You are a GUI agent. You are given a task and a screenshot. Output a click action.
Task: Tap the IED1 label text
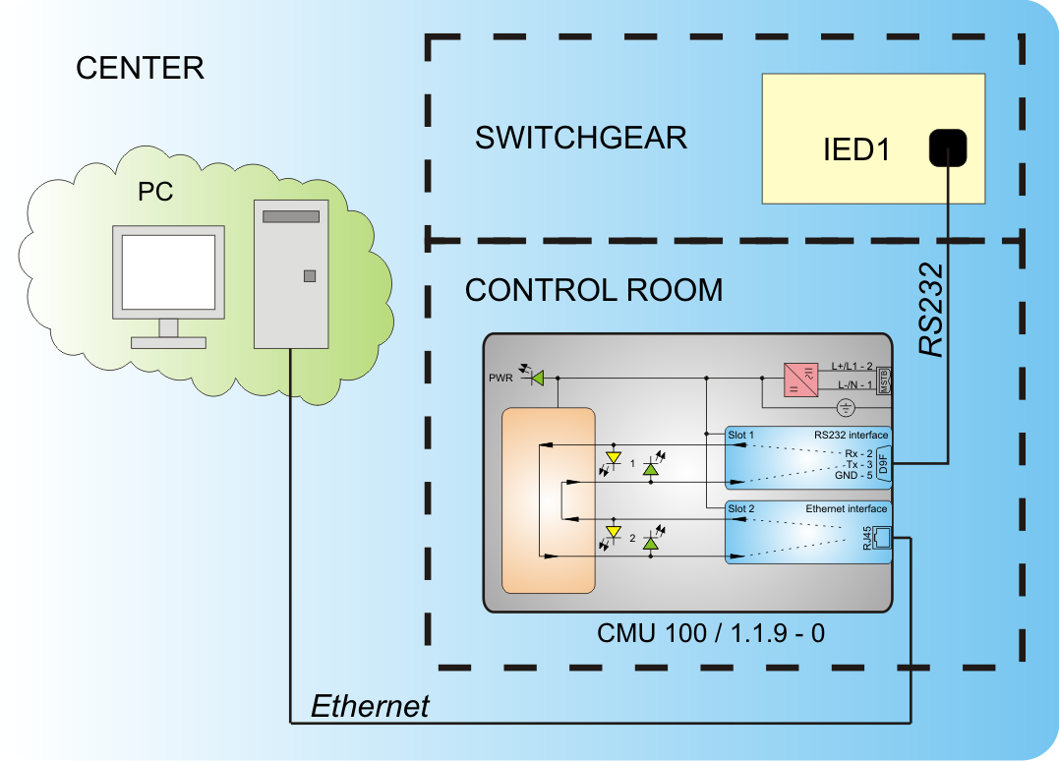[855, 150]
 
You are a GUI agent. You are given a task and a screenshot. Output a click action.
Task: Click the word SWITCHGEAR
[580, 138]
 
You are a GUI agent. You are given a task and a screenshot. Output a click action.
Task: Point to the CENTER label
[140, 68]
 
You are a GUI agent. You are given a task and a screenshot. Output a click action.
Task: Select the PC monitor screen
[168, 272]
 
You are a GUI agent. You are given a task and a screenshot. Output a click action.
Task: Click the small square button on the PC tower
[310, 276]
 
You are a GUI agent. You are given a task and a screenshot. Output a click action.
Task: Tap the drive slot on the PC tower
[291, 216]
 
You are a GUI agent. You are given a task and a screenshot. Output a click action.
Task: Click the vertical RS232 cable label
[930, 309]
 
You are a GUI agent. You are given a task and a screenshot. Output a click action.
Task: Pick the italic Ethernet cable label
[370, 706]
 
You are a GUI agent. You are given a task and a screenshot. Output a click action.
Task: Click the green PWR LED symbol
[537, 377]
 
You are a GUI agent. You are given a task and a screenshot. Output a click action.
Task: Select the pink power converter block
[800, 380]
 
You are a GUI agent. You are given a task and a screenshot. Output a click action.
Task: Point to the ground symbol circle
[844, 407]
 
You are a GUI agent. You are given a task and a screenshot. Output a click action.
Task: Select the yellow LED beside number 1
[615, 458]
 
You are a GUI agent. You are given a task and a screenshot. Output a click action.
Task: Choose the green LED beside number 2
[650, 541]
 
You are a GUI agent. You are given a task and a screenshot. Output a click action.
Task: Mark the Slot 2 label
[740, 509]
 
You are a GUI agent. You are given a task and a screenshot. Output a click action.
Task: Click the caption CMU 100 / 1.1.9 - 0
[710, 633]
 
